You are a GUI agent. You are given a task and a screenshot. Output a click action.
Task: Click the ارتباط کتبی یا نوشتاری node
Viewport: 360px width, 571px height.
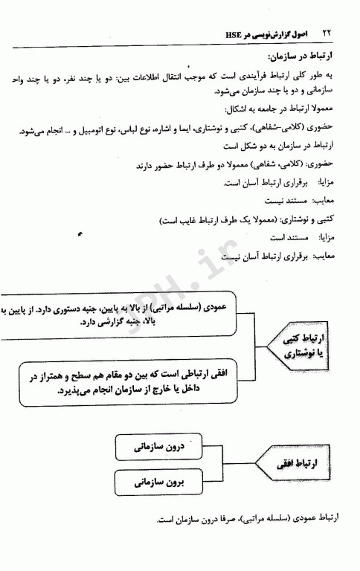309,346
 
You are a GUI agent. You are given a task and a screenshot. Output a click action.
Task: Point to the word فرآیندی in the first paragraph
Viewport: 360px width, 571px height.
253,77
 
